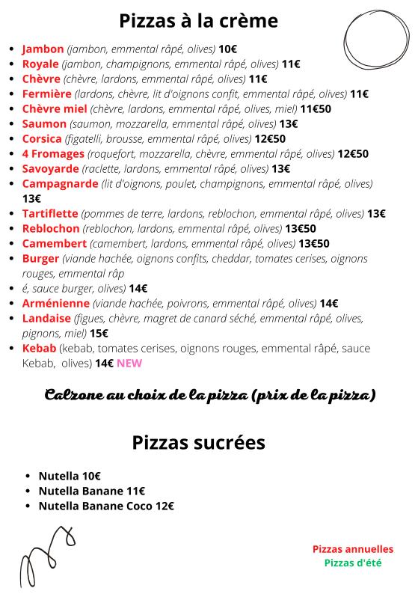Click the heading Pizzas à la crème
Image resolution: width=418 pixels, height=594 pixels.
tap(198, 21)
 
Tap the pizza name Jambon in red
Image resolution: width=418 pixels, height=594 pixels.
tap(43, 49)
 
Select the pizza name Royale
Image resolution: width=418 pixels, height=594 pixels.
tap(40, 64)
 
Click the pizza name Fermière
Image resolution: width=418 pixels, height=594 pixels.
tap(46, 94)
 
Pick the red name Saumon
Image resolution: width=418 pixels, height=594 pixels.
tap(44, 123)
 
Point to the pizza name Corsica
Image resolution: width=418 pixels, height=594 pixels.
tap(42, 138)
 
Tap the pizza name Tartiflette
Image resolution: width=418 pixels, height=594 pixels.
tap(50, 213)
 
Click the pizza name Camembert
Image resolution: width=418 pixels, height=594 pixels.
tap(55, 243)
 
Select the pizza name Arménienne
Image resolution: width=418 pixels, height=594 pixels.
tap(56, 303)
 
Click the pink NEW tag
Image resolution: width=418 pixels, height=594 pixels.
tap(129, 363)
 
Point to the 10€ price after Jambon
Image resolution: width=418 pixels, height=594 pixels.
tap(228, 49)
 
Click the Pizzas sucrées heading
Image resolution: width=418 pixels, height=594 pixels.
tap(198, 442)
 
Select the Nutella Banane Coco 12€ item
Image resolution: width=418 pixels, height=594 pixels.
tap(106, 506)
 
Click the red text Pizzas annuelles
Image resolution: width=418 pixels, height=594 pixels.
tap(353, 549)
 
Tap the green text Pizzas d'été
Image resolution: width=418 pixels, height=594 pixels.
tap(353, 563)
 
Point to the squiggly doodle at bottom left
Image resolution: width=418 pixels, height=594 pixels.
tap(45, 557)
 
